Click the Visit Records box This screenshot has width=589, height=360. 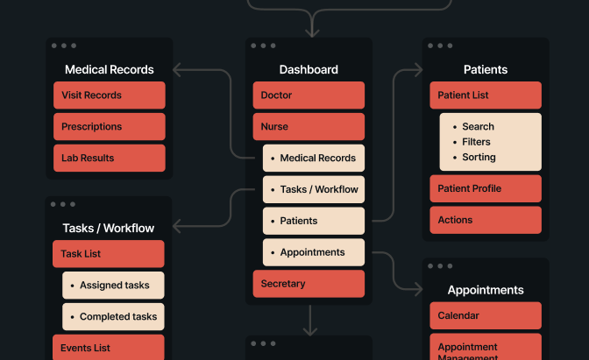[x=109, y=95]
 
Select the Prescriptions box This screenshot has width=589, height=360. [x=109, y=127]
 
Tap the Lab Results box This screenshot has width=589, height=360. [x=109, y=159]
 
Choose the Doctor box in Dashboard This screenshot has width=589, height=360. [x=309, y=95]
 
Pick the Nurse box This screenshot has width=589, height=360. [x=309, y=127]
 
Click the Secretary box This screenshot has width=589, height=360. [x=309, y=284]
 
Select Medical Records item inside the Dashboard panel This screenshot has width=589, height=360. [x=314, y=159]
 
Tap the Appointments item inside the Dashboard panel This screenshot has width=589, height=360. [x=314, y=252]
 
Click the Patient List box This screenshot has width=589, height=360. [x=486, y=95]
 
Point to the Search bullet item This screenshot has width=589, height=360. [x=479, y=127]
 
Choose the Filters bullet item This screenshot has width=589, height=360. [x=477, y=142]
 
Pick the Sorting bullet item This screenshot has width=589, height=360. [x=479, y=158]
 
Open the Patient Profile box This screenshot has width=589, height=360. [x=486, y=189]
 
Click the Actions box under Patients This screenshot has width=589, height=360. [x=486, y=221]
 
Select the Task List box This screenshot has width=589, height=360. [x=109, y=254]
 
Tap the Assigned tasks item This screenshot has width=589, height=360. [x=113, y=286]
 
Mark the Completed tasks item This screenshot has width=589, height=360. [x=113, y=317]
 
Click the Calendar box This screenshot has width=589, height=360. [x=486, y=316]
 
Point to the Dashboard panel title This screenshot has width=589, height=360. [x=309, y=70]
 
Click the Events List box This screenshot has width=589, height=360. [x=109, y=348]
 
